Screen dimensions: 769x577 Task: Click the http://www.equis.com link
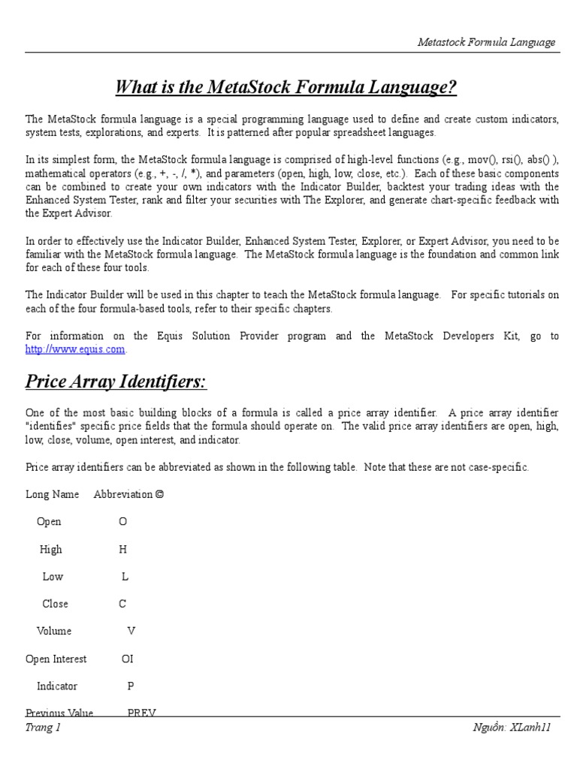75,349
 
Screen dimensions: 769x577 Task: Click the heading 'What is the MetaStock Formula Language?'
285,88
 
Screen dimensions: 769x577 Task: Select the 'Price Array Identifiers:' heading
116,381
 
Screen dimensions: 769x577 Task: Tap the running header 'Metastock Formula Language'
486,42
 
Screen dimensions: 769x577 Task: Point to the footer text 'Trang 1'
43,727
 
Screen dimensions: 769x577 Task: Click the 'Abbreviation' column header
123,494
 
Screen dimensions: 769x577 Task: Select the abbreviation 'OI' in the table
127,659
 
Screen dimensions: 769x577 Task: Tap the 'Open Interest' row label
56,659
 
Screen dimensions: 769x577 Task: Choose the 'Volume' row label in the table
54,631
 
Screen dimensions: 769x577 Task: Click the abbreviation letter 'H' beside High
123,549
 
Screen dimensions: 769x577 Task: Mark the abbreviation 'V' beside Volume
131,631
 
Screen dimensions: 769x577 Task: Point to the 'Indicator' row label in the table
57,686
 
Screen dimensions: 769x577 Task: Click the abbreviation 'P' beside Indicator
131,686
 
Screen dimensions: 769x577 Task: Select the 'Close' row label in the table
55,604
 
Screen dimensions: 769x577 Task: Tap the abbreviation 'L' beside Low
125,576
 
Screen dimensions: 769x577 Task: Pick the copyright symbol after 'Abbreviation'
159,494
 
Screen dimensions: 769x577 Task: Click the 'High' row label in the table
51,549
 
